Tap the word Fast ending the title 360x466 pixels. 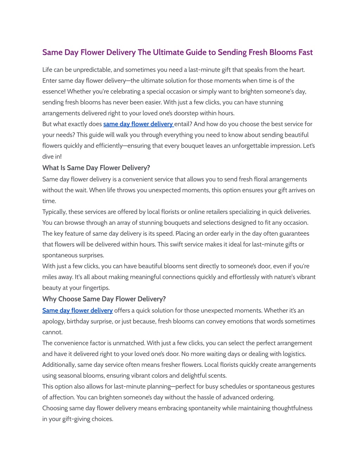(x=305, y=52)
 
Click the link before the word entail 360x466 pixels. (x=138, y=124)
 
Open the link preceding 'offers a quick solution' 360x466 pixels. (x=77, y=311)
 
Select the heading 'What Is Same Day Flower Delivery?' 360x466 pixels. (x=96, y=168)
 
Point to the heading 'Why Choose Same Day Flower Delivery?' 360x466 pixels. (x=104, y=299)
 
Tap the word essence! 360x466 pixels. (x=54, y=91)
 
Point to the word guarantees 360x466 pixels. (x=291, y=234)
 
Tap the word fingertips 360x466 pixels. (x=95, y=288)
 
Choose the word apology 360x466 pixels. (x=53, y=321)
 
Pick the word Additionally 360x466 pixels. (x=58, y=365)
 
